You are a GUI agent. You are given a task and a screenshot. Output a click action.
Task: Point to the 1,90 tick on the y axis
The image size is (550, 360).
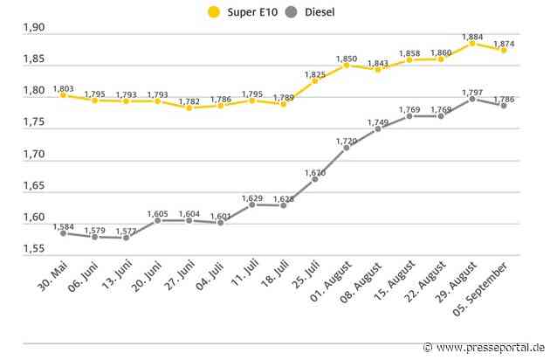34,29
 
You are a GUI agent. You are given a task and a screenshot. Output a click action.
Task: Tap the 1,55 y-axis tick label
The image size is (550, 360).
34,249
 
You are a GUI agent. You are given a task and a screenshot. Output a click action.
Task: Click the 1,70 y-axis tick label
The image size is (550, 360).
34,155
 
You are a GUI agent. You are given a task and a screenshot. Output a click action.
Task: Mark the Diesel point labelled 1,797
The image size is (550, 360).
472,99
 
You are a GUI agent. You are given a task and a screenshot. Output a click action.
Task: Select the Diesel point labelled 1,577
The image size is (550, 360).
126,238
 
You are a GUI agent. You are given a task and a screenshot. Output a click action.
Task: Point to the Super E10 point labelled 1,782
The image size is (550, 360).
189,107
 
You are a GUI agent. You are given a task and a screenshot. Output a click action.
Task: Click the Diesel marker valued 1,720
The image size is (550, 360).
347,148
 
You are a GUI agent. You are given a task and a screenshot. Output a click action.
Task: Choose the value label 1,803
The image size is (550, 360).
64,88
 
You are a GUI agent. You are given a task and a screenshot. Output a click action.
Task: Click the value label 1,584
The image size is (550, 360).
64,226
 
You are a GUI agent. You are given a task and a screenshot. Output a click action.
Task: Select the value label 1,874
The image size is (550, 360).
504,43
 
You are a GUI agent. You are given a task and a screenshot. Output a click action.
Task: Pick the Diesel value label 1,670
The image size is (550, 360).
315,173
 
